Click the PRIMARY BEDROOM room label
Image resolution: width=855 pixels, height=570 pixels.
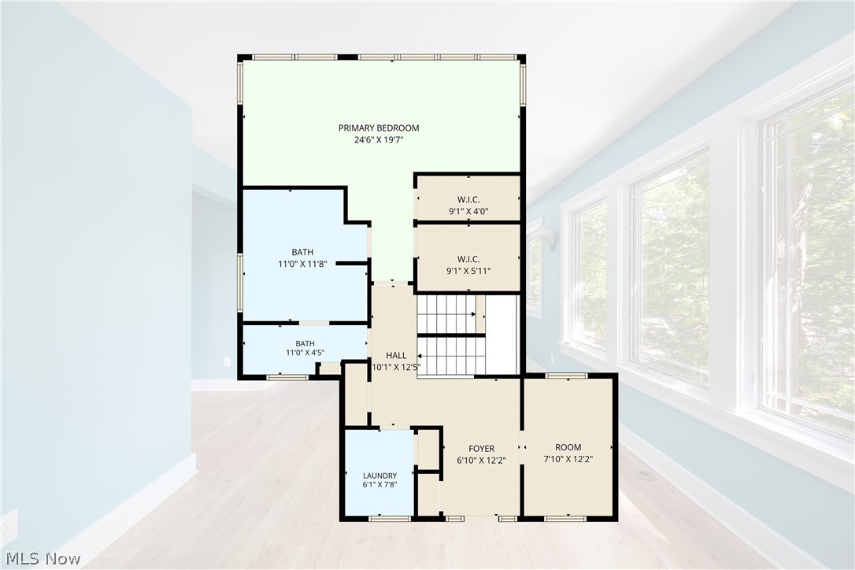click(x=379, y=128)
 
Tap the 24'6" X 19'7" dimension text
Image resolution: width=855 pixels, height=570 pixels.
click(x=379, y=140)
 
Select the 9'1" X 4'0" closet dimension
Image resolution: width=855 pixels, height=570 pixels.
click(x=468, y=211)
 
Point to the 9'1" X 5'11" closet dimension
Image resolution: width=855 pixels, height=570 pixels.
click(x=468, y=271)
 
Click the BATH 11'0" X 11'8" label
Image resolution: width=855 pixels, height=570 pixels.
click(x=302, y=258)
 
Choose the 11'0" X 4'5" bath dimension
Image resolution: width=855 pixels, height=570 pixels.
click(x=305, y=353)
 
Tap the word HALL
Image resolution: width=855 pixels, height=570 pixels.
click(x=396, y=356)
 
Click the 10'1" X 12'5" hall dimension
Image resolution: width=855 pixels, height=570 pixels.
click(x=396, y=367)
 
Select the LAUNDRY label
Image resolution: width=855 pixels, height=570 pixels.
click(x=379, y=476)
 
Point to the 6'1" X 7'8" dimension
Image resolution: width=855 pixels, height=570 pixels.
click(x=379, y=484)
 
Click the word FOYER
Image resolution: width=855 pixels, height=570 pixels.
click(x=482, y=449)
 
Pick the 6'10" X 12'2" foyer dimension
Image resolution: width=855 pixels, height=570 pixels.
click(x=482, y=461)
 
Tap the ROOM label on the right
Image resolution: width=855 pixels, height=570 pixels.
click(x=568, y=447)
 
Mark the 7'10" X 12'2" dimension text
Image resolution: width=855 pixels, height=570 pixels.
click(x=568, y=459)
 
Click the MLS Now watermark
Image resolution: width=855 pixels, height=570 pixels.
click(x=43, y=559)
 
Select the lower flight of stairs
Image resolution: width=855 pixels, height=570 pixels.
click(x=451, y=356)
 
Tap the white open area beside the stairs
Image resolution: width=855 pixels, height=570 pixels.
click(x=502, y=335)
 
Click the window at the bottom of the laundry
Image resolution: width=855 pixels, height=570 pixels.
click(x=390, y=518)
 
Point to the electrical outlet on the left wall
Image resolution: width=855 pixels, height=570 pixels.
click(x=227, y=361)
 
